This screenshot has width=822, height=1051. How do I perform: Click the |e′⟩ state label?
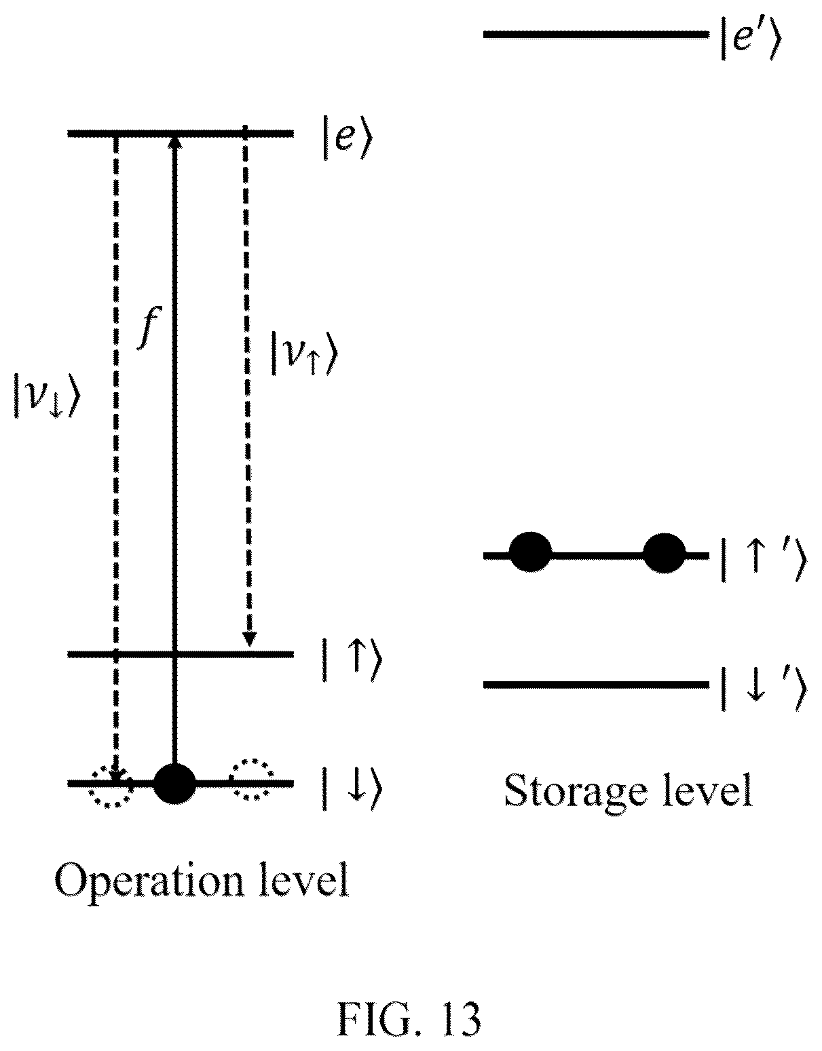pos(751,38)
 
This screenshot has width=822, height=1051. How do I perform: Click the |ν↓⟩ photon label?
pos(46,395)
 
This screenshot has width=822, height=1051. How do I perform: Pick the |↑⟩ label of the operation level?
pos(352,660)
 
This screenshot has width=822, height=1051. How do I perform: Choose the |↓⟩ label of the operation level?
pos(352,788)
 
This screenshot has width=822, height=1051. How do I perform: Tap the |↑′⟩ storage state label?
pos(764,559)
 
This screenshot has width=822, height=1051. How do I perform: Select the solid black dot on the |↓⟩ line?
pos(174,783)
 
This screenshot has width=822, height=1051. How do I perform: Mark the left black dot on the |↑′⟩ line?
pos(530,552)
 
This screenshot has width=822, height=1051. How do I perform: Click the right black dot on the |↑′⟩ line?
pos(665,552)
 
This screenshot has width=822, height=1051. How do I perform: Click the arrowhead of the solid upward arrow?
pos(174,142)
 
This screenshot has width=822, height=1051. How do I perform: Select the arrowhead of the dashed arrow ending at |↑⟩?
pos(248,639)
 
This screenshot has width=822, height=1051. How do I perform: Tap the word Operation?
pos(149,882)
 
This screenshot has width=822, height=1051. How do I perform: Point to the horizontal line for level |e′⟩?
pos(596,35)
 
